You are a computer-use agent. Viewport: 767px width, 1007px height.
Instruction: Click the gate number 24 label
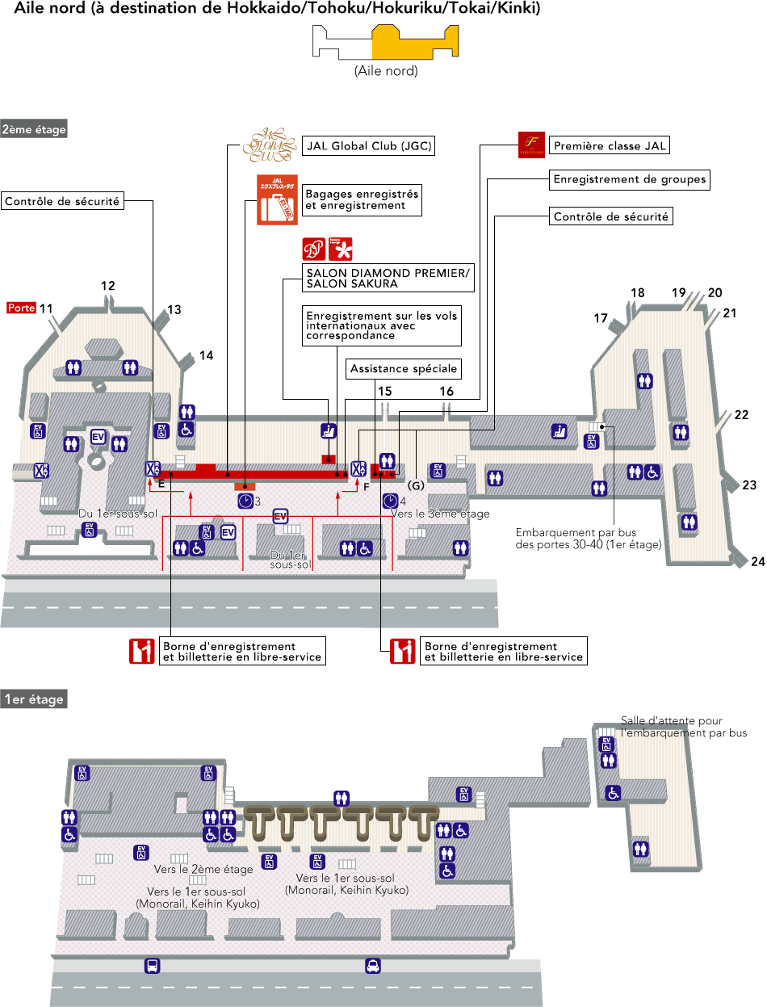[x=757, y=562]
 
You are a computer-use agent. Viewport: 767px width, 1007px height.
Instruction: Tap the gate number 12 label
[x=107, y=285]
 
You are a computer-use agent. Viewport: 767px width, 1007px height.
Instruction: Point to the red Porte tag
[x=21, y=308]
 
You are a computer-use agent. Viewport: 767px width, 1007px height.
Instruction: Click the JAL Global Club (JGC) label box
[x=368, y=146]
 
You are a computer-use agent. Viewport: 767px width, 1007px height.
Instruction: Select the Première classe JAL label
[x=610, y=146]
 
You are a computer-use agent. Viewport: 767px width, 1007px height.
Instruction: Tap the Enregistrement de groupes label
[x=629, y=179]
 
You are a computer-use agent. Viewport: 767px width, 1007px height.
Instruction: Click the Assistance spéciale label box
[x=404, y=369]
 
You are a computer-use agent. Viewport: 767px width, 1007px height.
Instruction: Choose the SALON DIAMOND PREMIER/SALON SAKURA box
[x=387, y=278]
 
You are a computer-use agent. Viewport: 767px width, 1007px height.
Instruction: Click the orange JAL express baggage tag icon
[x=277, y=199]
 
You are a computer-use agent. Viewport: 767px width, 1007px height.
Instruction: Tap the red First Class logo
[x=531, y=145]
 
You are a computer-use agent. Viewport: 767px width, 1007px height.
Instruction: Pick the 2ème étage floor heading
[x=34, y=128]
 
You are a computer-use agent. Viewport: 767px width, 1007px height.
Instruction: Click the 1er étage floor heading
[x=33, y=699]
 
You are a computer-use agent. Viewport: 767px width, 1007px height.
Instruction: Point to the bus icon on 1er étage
[x=152, y=965]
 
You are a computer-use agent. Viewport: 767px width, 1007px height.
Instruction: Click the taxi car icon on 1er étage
[x=372, y=965]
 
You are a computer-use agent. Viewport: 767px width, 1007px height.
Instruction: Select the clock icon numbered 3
[x=245, y=501]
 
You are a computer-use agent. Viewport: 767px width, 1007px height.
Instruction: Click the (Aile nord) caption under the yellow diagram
[x=386, y=71]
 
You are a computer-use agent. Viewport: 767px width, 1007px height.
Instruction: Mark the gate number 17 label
[x=600, y=318]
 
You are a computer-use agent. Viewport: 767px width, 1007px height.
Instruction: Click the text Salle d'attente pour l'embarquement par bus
[x=683, y=727]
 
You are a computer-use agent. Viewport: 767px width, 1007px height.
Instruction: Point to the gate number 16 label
[x=446, y=391]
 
